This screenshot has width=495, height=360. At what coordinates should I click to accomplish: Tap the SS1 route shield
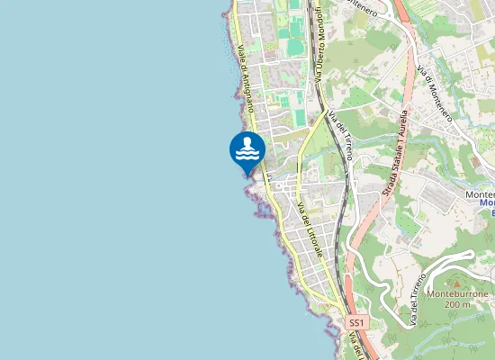coord(357,322)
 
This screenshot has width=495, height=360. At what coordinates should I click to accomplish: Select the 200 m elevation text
coord(456,305)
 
